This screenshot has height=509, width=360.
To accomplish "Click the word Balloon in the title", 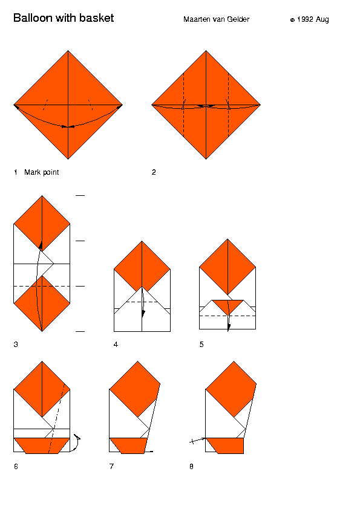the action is coord(33,18).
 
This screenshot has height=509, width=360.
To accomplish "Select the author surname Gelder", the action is coord(238,19).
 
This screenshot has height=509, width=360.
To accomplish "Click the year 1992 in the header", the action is coord(305,19).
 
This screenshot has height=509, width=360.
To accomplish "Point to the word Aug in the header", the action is coord(322,20).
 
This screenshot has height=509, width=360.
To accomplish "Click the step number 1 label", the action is coord(16,172).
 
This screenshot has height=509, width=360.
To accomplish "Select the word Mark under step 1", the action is coord(33,172).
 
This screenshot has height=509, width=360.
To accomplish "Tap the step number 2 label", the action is coord(154,172).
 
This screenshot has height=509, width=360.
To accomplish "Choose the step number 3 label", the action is coord(16,345).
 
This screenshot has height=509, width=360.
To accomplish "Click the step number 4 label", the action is coord(116,345).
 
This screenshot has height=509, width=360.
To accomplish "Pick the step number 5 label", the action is coord(201,345).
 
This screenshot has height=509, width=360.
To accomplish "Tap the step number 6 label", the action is coord(16,467).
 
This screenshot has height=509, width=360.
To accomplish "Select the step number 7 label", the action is coord(111,467).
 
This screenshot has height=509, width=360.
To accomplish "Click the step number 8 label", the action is coord(191,467).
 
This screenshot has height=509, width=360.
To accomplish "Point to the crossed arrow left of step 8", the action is coord(197,440).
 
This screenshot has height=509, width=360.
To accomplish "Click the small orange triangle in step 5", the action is coord(227,305).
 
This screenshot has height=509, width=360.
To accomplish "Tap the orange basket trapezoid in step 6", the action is coord(42,446).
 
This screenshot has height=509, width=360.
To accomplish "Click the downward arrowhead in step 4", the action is coord(143,314).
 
